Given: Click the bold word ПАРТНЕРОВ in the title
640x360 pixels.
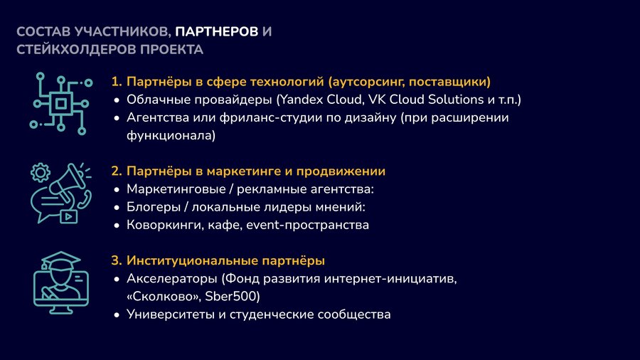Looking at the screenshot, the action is (217, 31).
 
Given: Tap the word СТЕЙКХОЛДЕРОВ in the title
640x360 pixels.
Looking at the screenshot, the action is (76, 49).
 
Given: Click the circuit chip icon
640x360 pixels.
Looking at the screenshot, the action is (61, 104).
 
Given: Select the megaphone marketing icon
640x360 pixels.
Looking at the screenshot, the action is (61, 193).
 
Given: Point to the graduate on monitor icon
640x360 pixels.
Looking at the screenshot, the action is (61, 282).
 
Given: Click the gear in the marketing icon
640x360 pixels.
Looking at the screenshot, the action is (41, 172).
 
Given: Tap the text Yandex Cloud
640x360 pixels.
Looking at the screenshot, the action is (321, 100).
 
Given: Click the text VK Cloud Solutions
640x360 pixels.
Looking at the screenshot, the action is (426, 100).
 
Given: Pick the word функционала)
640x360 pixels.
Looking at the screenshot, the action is (171, 135).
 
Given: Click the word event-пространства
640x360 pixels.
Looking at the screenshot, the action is (308, 225).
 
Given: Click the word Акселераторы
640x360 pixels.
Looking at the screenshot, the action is (172, 279).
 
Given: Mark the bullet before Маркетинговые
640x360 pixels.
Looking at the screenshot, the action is (117, 190).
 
